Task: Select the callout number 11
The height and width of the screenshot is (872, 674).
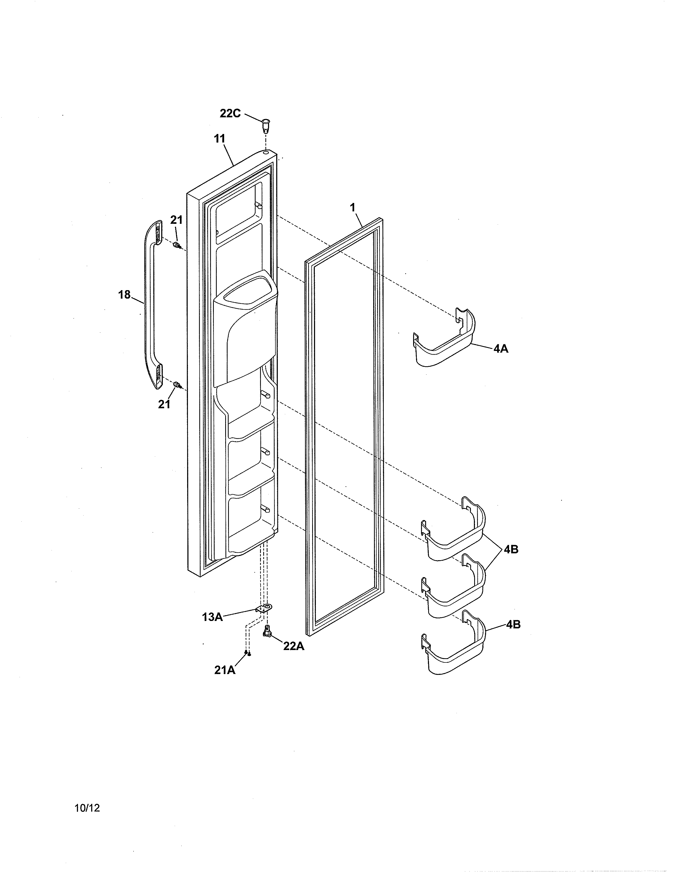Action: click(220, 139)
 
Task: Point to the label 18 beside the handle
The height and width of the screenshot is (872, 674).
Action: click(124, 295)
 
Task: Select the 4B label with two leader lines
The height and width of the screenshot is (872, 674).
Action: click(511, 549)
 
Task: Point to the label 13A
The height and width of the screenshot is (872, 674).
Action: click(212, 617)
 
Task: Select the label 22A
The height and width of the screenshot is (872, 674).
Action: click(294, 646)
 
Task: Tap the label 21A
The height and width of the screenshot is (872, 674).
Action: click(225, 670)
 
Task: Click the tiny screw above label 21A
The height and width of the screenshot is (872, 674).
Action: click(248, 653)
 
